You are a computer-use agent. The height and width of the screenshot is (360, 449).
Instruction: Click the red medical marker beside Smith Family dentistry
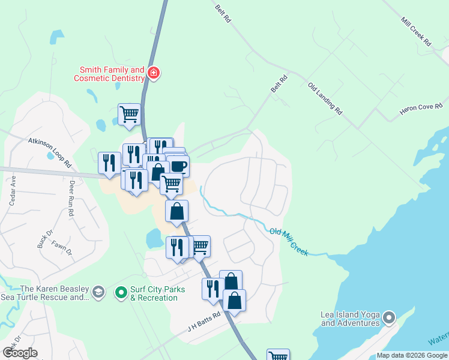click(x=154, y=73)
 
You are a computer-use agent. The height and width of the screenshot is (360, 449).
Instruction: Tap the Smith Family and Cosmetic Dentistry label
click(x=109, y=74)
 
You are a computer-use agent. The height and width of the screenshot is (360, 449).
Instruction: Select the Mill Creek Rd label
click(x=417, y=32)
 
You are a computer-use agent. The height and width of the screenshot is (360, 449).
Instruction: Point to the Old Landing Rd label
click(x=325, y=98)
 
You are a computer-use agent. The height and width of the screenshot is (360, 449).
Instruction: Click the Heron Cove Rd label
click(x=421, y=110)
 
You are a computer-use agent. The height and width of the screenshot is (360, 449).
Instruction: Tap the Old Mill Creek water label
click(x=289, y=241)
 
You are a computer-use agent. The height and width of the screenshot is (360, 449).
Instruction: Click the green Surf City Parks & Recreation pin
click(x=121, y=293)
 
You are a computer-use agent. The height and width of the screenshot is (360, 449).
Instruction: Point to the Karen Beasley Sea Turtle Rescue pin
click(x=99, y=293)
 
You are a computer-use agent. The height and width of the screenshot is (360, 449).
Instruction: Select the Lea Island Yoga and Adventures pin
click(x=390, y=317)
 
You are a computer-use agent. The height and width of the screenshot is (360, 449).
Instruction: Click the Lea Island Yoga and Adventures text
click(x=350, y=319)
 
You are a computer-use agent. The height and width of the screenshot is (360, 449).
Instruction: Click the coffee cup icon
click(x=178, y=166)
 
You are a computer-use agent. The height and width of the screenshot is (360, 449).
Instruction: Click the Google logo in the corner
click(x=19, y=353)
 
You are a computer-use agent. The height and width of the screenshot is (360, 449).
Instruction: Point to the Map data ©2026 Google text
click(x=412, y=355)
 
